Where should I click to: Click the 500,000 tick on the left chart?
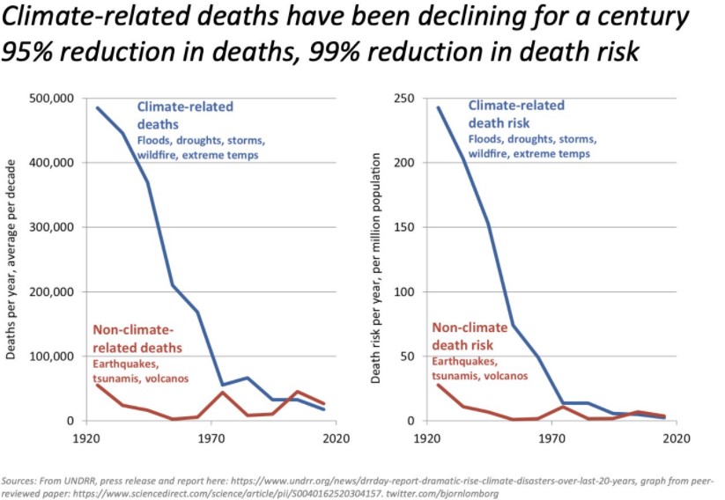pyautogui.click(x=51, y=99)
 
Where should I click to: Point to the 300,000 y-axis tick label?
pyautogui.click(x=51, y=227)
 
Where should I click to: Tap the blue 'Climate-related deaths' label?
pyautogui.click(x=185, y=115)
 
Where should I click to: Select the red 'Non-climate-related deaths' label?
pyautogui.click(x=137, y=339)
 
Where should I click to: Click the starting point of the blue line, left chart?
pyautogui.click(x=97, y=108)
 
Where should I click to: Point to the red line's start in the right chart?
pyautogui.click(x=438, y=385)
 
